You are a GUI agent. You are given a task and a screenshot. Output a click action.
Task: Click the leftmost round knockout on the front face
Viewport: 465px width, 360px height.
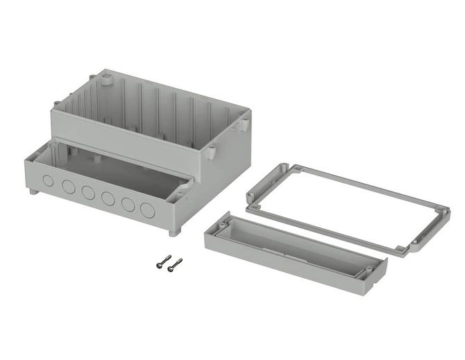48,182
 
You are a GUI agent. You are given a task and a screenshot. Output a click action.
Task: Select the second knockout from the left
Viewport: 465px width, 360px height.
68,187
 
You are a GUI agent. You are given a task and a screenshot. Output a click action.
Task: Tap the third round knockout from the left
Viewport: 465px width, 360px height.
87,192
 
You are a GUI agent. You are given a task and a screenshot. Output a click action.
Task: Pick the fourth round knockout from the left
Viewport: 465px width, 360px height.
108,198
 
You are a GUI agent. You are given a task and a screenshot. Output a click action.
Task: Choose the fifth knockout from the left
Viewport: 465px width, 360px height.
128,204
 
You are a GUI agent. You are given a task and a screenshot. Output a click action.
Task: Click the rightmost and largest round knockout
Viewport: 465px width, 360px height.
147,209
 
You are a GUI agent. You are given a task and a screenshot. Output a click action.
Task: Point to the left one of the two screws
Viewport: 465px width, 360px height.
164,262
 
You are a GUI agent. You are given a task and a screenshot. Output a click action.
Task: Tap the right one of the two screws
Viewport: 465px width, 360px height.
176,262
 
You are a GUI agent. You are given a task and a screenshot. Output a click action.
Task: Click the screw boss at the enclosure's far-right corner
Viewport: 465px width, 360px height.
244,125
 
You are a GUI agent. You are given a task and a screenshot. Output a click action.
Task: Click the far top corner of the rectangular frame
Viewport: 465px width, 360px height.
285,168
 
